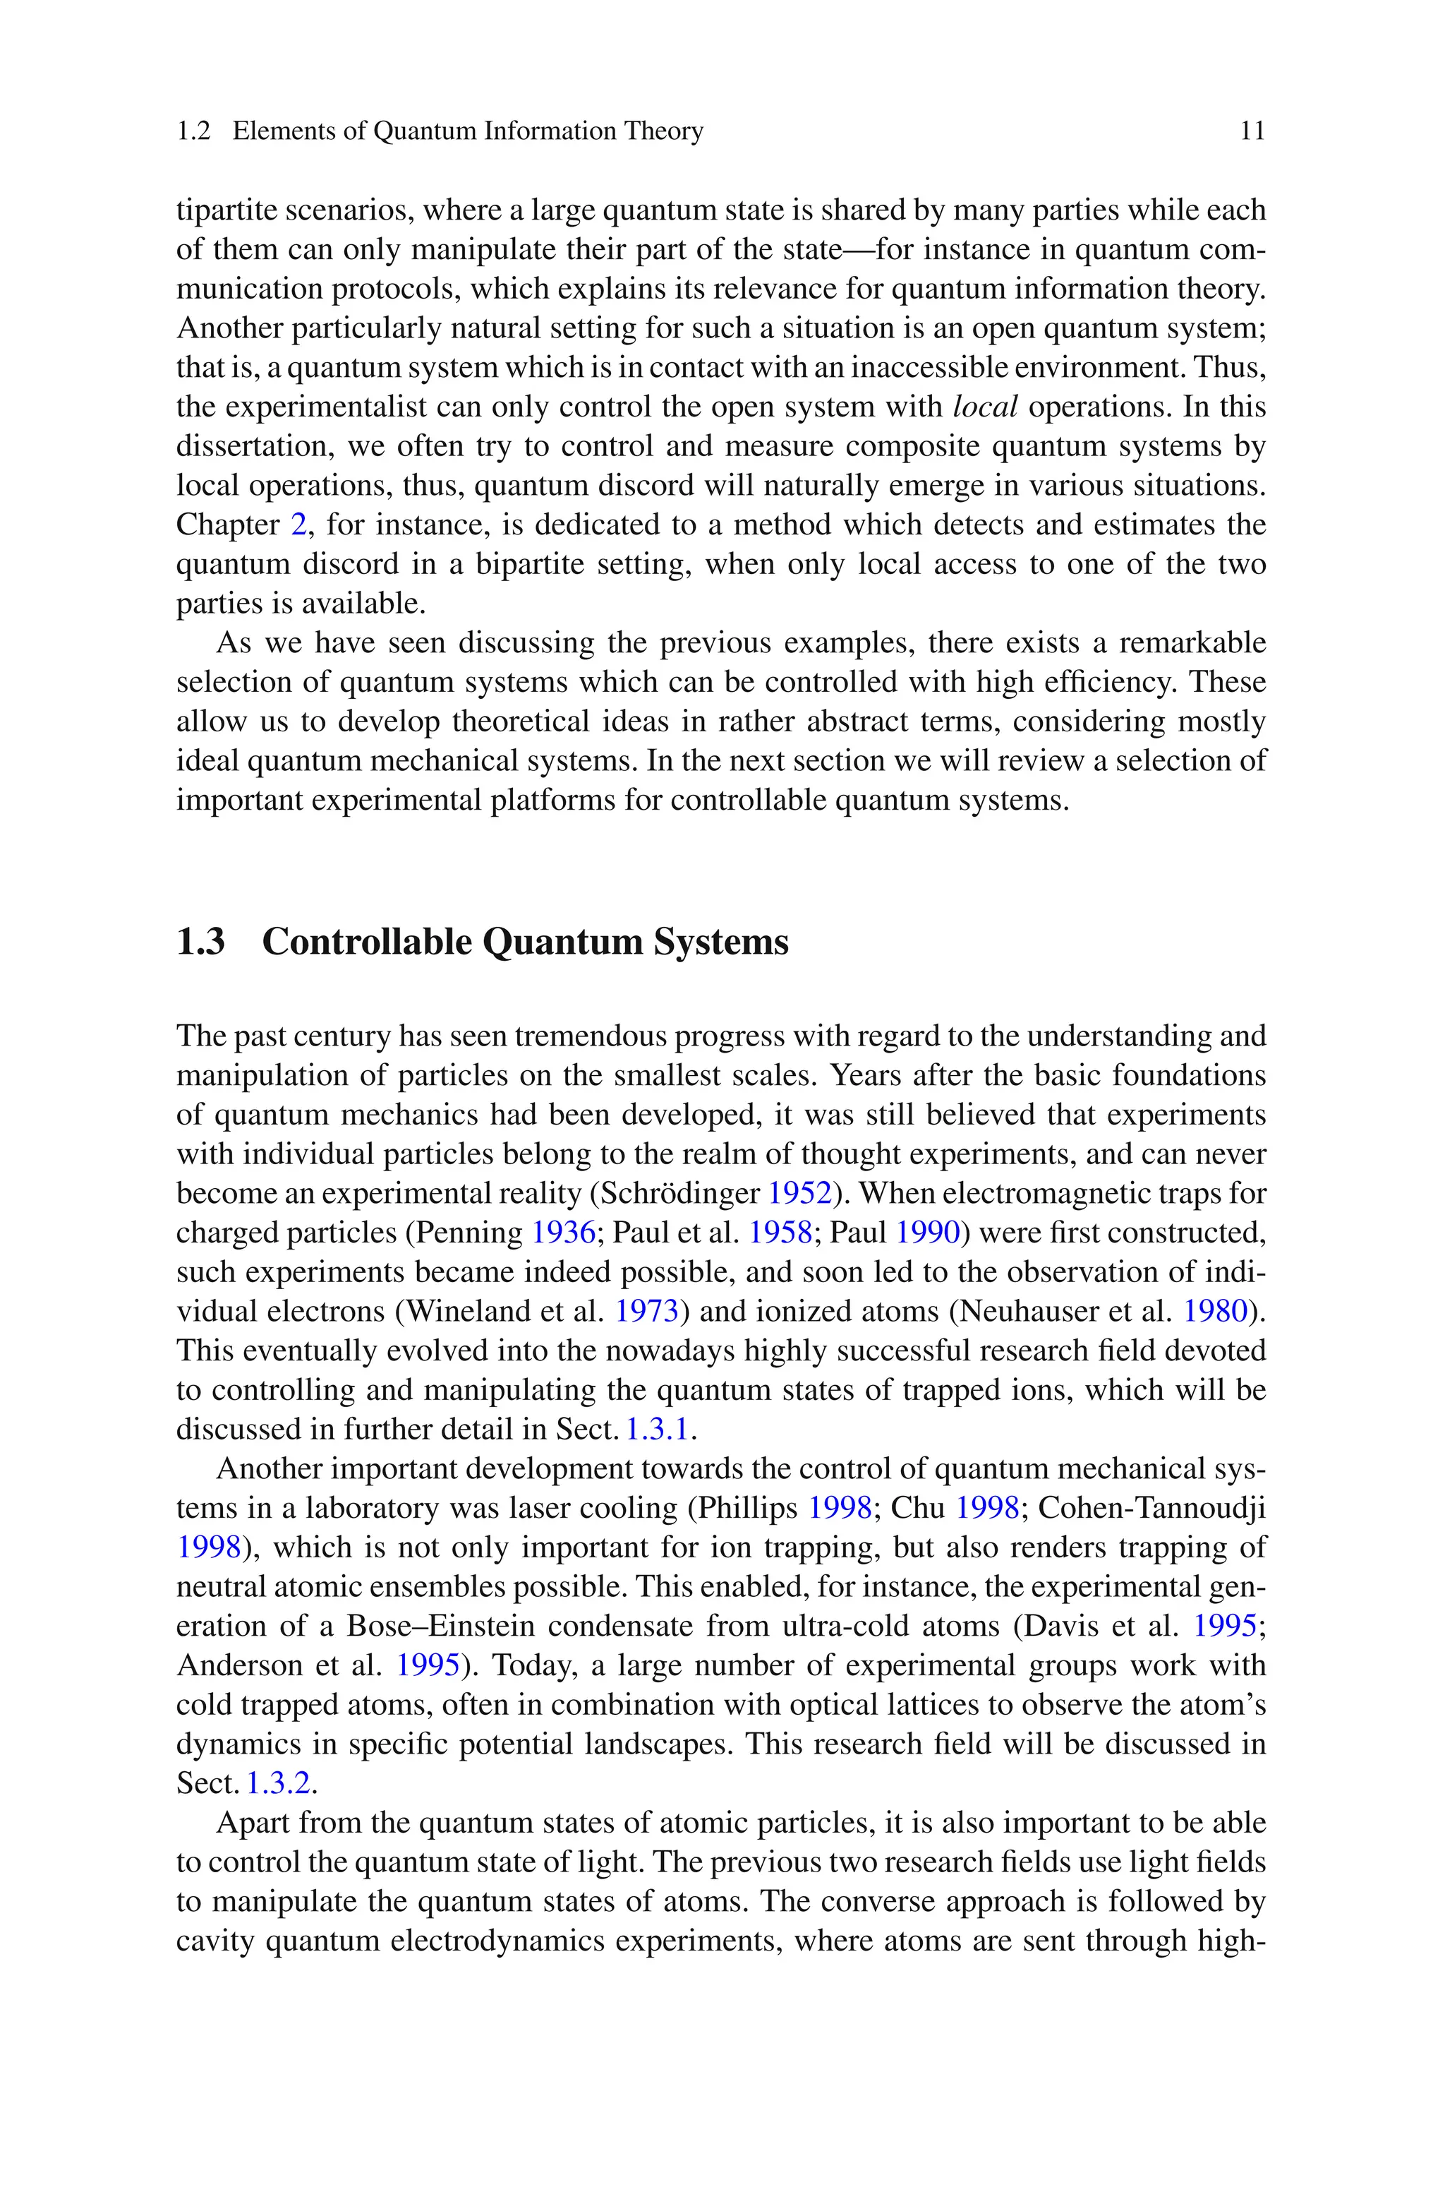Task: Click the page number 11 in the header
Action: click(x=1252, y=131)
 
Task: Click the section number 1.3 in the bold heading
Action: click(x=201, y=942)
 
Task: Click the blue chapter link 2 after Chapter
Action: click(x=298, y=525)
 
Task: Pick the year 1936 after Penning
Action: click(x=563, y=1233)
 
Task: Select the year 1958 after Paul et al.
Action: click(x=780, y=1233)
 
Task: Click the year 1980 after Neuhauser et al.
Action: click(x=1214, y=1311)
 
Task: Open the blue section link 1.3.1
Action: click(x=657, y=1430)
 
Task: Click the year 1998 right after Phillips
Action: click(x=840, y=1508)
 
